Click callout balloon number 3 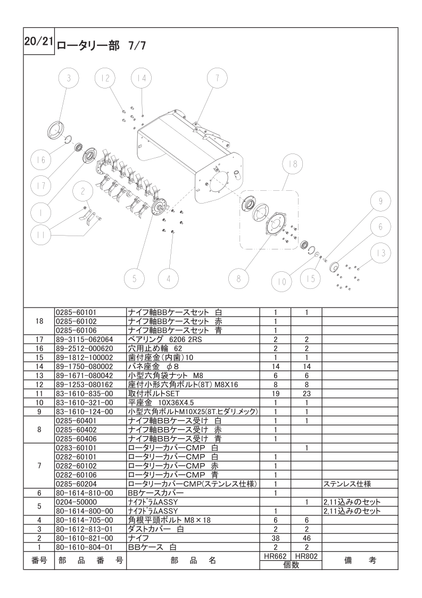point(68,78)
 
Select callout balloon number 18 point(293,164)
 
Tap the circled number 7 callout point(217,78)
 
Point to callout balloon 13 point(380,253)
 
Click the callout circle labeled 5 point(135,278)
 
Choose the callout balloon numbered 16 point(41,159)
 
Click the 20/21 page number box point(38,42)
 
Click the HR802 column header point(307,555)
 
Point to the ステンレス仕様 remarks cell point(347,484)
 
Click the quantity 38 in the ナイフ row point(276,538)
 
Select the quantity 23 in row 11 point(307,393)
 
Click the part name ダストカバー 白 point(156,529)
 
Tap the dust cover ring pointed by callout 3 point(55,128)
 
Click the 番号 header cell point(39,560)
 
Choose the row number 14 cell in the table point(39,367)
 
